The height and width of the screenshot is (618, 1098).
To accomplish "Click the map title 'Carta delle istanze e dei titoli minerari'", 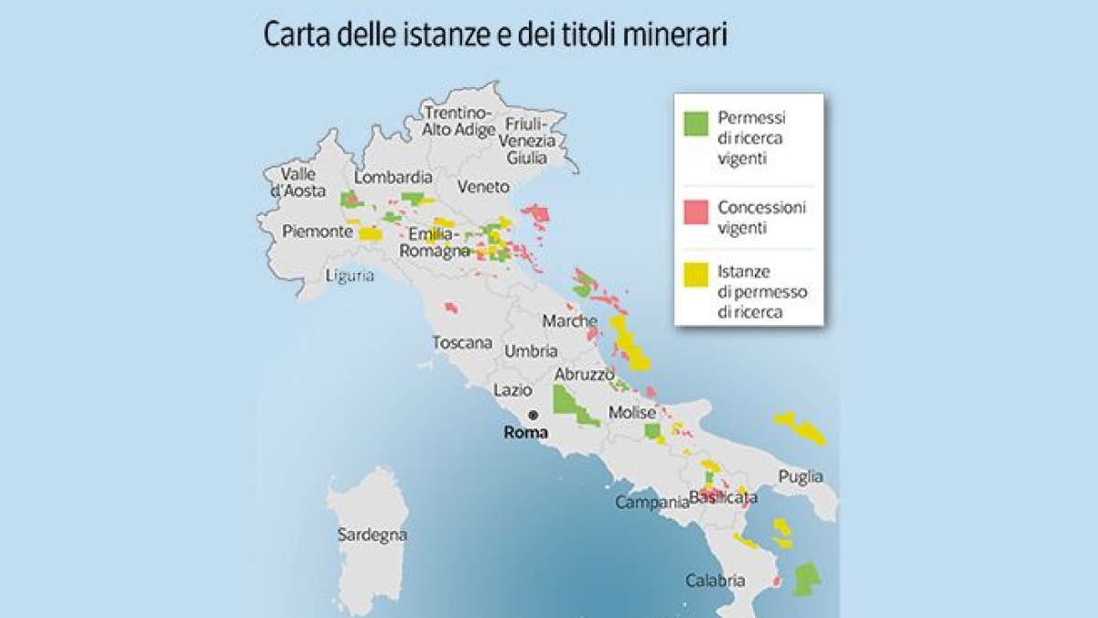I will tap(495, 37).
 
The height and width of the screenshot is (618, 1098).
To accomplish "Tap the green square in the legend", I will tap(697, 124).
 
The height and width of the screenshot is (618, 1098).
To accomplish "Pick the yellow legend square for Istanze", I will tap(697, 273).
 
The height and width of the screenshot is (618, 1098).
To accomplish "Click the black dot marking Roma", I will tap(533, 414).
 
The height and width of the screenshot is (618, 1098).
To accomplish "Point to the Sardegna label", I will tap(371, 535).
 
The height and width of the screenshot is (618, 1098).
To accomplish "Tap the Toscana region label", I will tap(462, 343).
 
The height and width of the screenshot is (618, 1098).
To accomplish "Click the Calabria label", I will tap(716, 580).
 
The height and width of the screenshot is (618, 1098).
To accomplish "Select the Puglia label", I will tap(801, 477).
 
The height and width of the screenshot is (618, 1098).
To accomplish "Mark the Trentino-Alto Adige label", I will tap(458, 121).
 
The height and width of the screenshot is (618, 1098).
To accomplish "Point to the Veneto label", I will tap(483, 187).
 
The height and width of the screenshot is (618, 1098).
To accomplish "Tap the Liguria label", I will tap(350, 276).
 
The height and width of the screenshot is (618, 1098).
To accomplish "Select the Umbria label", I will tap(531, 351).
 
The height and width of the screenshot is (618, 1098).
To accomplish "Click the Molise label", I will tap(632, 413).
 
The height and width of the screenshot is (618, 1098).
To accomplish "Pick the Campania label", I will tap(651, 503).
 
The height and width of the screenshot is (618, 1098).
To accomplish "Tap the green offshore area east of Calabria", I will tap(806, 579).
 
